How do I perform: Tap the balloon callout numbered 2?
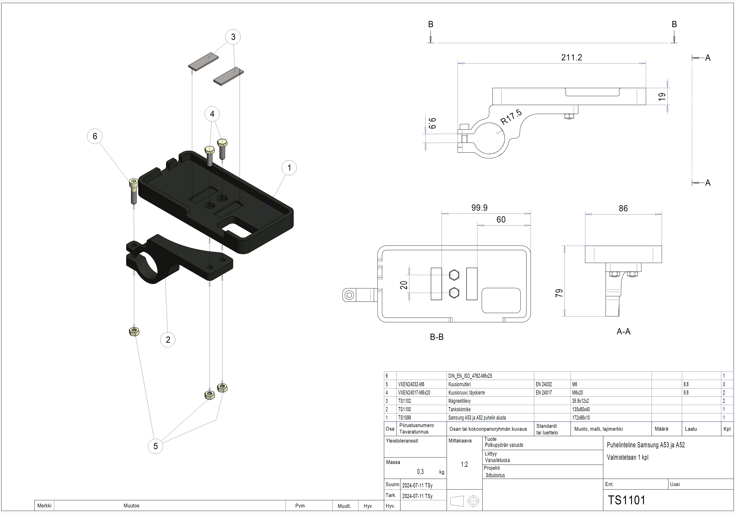[168, 340]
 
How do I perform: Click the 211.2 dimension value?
[571, 58]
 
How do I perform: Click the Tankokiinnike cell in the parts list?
[459, 409]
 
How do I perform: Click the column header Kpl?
[727, 429]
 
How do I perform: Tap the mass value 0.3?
[420, 472]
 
